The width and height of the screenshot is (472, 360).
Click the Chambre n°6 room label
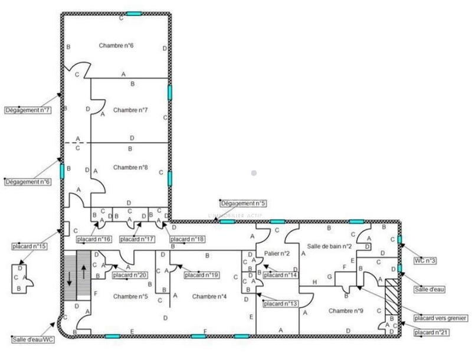tap(116, 45)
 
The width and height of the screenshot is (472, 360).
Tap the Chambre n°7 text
tap(130, 110)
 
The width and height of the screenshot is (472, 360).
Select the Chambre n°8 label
tap(130, 168)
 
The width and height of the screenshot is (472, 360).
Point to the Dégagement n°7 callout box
tap(28, 110)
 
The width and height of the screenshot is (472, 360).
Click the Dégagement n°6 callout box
tap(28, 182)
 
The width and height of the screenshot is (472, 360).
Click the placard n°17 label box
tap(137, 239)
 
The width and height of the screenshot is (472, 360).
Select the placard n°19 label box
tap(202, 275)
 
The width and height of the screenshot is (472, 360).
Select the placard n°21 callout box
tap(432, 333)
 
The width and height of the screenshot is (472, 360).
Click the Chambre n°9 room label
tap(346, 310)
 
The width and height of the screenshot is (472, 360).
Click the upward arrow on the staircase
tap(83, 274)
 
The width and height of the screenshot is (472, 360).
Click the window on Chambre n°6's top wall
tap(134, 12)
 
